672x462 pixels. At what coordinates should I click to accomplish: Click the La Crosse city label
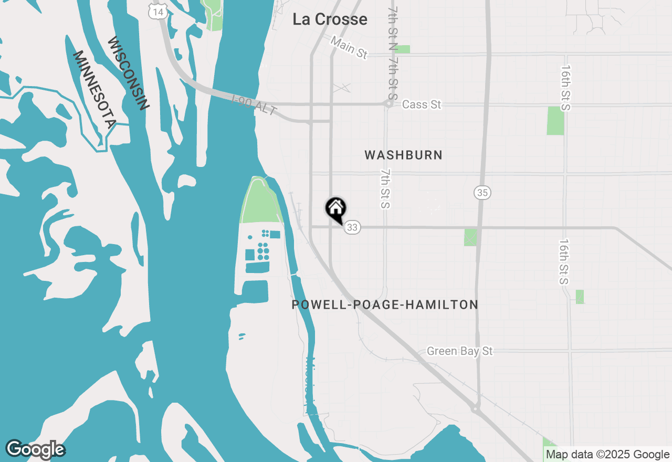pyautogui.click(x=330, y=19)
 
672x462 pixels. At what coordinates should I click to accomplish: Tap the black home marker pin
pyautogui.click(x=335, y=209)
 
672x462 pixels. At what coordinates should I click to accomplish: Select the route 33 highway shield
pyautogui.click(x=352, y=227)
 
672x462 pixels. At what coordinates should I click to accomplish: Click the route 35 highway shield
pyautogui.click(x=482, y=193)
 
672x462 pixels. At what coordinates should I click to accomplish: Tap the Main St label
pyautogui.click(x=349, y=47)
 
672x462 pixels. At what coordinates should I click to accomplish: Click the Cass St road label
pyautogui.click(x=421, y=104)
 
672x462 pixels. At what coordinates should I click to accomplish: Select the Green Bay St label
pyautogui.click(x=459, y=351)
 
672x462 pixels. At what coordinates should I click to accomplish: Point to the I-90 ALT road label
pyautogui.click(x=254, y=105)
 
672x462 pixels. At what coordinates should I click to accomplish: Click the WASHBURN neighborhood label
pyautogui.click(x=403, y=155)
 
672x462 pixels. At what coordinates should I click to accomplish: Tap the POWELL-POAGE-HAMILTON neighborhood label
pyautogui.click(x=385, y=304)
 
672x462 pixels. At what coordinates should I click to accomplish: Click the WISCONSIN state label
pyautogui.click(x=128, y=73)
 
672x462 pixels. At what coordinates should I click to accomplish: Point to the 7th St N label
pyautogui.click(x=393, y=21)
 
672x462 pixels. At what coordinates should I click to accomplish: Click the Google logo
pyautogui.click(x=35, y=449)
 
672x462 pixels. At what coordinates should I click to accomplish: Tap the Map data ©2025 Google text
pyautogui.click(x=607, y=455)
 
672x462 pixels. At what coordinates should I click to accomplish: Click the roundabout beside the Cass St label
pyautogui.click(x=388, y=103)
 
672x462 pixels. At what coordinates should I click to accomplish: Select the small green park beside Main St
pyautogui.click(x=402, y=49)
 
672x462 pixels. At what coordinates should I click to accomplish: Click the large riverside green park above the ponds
pyautogui.click(x=260, y=202)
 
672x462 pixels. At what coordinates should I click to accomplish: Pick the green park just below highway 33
pyautogui.click(x=470, y=237)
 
